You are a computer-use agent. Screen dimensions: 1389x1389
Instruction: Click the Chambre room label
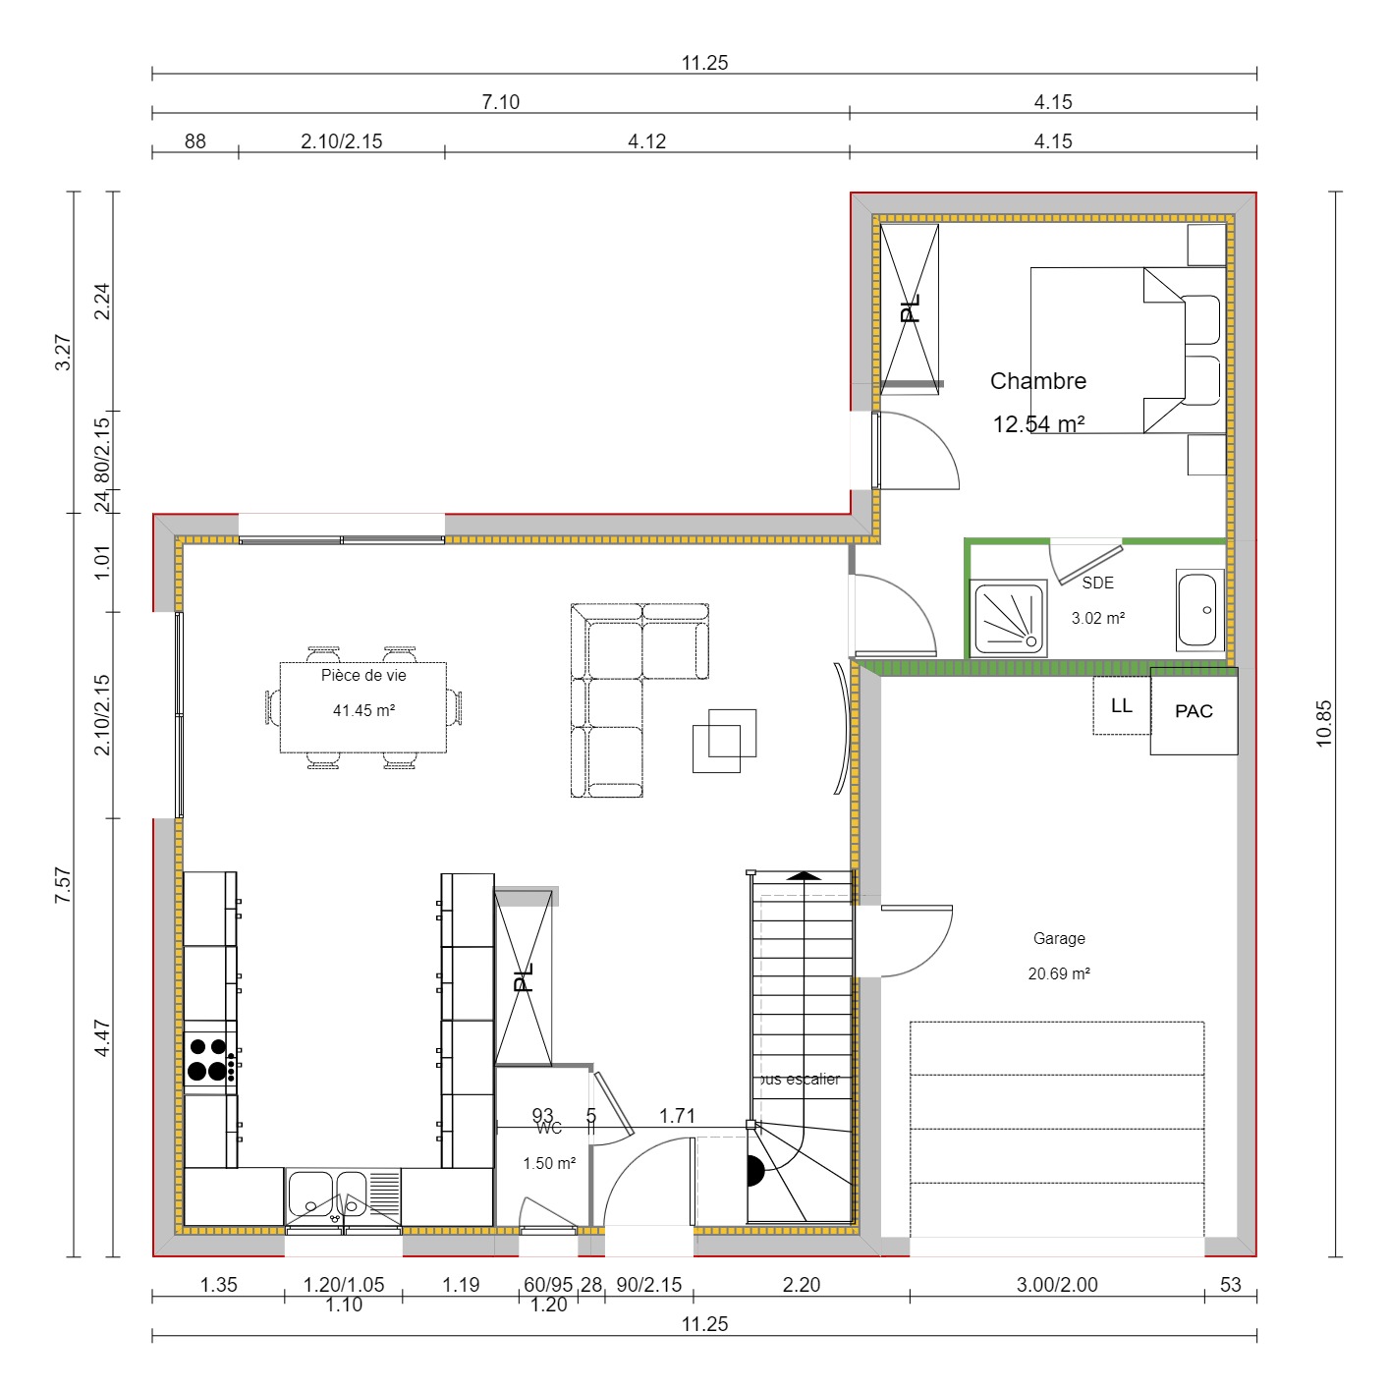(x=1037, y=381)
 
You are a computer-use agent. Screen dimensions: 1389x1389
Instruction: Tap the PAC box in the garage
(x=1194, y=711)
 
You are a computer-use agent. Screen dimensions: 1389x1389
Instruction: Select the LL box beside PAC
(x=1121, y=706)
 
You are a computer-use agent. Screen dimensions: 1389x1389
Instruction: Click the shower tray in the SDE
(x=1008, y=618)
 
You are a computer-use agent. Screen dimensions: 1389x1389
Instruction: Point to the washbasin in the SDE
(x=1198, y=610)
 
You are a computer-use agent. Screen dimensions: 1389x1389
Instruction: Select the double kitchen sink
(x=343, y=1195)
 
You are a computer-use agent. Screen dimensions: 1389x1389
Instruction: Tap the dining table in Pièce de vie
(x=363, y=707)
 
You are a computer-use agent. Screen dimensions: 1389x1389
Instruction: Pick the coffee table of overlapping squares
(x=725, y=740)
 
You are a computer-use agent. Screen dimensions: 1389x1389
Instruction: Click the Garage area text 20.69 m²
(x=1059, y=974)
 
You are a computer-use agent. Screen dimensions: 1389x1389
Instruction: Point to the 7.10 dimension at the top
(x=500, y=102)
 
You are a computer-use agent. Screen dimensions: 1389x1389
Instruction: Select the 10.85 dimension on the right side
(x=1324, y=723)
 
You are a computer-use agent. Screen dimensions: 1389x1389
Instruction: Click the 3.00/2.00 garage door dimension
(x=1057, y=1285)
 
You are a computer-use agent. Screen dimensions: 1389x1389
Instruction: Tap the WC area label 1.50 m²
(x=549, y=1164)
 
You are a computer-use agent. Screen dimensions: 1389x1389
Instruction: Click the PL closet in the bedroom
(x=910, y=308)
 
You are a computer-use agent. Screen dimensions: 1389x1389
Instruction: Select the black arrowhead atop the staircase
(x=804, y=875)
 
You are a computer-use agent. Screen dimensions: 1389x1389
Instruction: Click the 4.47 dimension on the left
(x=102, y=1038)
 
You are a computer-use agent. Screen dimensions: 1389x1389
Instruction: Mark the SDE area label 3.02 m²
(x=1097, y=619)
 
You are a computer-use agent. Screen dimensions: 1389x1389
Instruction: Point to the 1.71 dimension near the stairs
(x=677, y=1116)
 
